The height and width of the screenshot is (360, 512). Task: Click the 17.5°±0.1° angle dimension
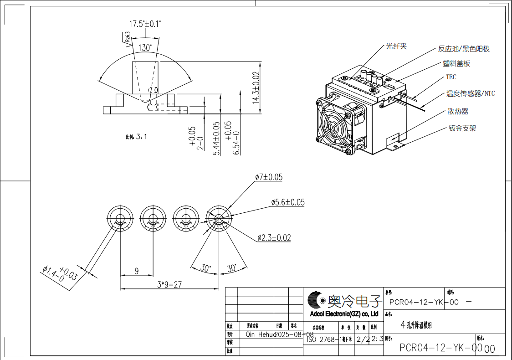(145, 23)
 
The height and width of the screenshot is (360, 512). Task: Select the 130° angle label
(145, 47)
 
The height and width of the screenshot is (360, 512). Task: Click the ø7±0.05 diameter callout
(268, 177)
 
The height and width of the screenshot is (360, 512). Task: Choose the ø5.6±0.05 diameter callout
(287, 202)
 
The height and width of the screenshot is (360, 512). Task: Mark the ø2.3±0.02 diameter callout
(274, 237)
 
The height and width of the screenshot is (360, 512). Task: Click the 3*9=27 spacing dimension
(169, 284)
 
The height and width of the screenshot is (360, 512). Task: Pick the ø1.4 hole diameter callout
(60, 274)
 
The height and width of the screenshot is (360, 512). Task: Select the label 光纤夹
(396, 46)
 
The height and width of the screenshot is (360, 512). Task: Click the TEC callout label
(451, 77)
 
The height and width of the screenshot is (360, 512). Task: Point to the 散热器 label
(457, 111)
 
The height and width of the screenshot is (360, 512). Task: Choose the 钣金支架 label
(462, 129)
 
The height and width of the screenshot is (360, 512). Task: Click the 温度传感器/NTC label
(470, 94)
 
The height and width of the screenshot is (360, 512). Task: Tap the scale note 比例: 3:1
(136, 136)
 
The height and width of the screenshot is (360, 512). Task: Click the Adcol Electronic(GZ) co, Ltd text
(344, 314)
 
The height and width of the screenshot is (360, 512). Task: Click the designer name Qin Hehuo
(260, 334)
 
